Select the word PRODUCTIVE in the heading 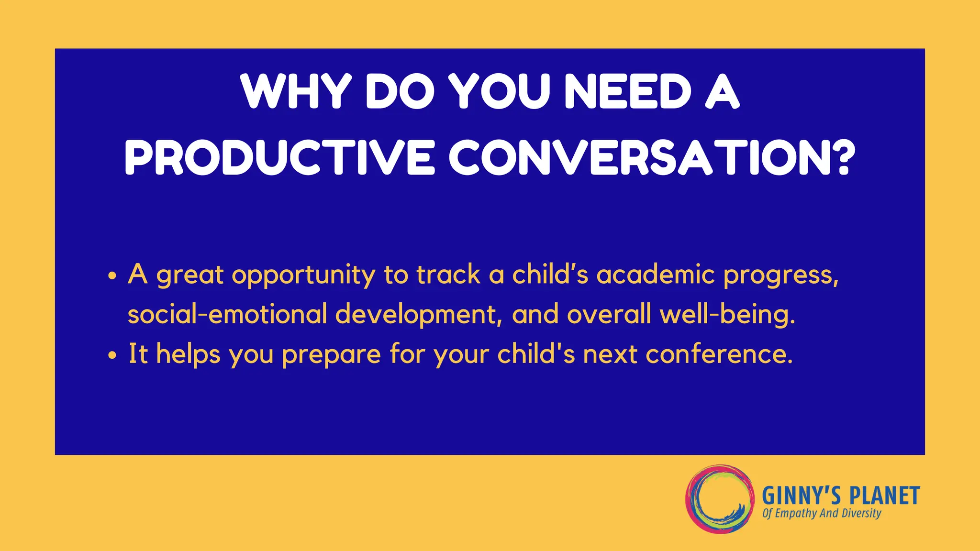(280, 157)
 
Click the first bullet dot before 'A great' (112, 276)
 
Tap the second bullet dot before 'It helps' (112, 355)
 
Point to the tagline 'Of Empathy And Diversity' (821, 514)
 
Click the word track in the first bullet (448, 275)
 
